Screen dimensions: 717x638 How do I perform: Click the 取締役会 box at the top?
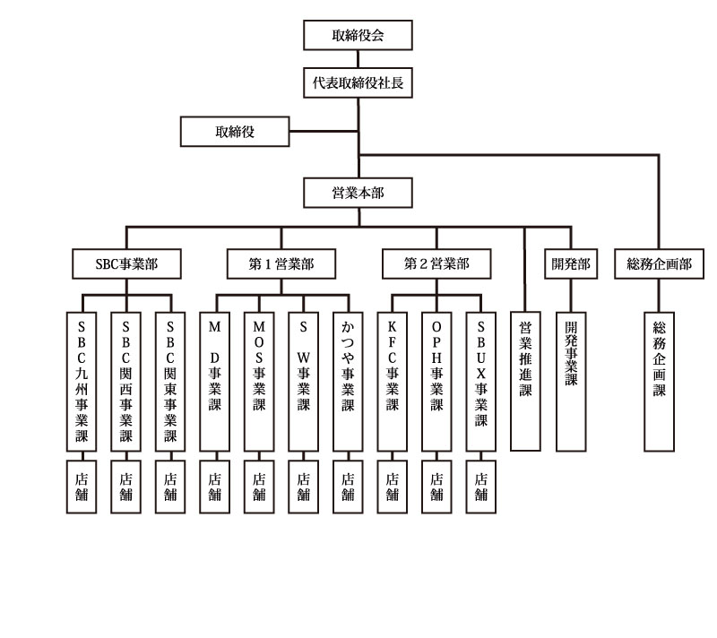(x=358, y=35)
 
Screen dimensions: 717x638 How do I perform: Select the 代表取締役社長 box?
(x=358, y=82)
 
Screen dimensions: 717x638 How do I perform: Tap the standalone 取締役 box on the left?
(x=235, y=132)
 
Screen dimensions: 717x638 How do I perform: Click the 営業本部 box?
(x=358, y=193)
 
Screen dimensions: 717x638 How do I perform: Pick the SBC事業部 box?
(x=126, y=263)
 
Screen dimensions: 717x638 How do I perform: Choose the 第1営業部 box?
(x=281, y=263)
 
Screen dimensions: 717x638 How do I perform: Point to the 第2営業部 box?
(x=436, y=263)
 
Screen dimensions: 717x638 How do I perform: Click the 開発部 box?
(x=571, y=263)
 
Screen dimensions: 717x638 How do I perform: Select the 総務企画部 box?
(x=659, y=263)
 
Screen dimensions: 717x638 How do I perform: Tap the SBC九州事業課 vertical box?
(x=82, y=382)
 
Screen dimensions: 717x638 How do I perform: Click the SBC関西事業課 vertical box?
(x=125, y=382)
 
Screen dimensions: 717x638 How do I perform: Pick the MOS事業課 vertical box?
(x=259, y=382)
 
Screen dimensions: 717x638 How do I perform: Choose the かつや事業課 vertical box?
(x=348, y=382)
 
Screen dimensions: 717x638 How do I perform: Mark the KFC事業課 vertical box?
(x=392, y=382)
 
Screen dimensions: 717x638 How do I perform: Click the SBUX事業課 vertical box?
(x=480, y=382)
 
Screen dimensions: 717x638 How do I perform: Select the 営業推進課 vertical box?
(x=525, y=382)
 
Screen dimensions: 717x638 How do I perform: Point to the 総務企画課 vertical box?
(x=659, y=382)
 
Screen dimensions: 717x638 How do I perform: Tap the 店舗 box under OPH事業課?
(x=436, y=487)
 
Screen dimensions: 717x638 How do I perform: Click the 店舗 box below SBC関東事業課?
(x=170, y=487)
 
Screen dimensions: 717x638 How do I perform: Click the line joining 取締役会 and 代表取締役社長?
(x=358, y=59)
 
